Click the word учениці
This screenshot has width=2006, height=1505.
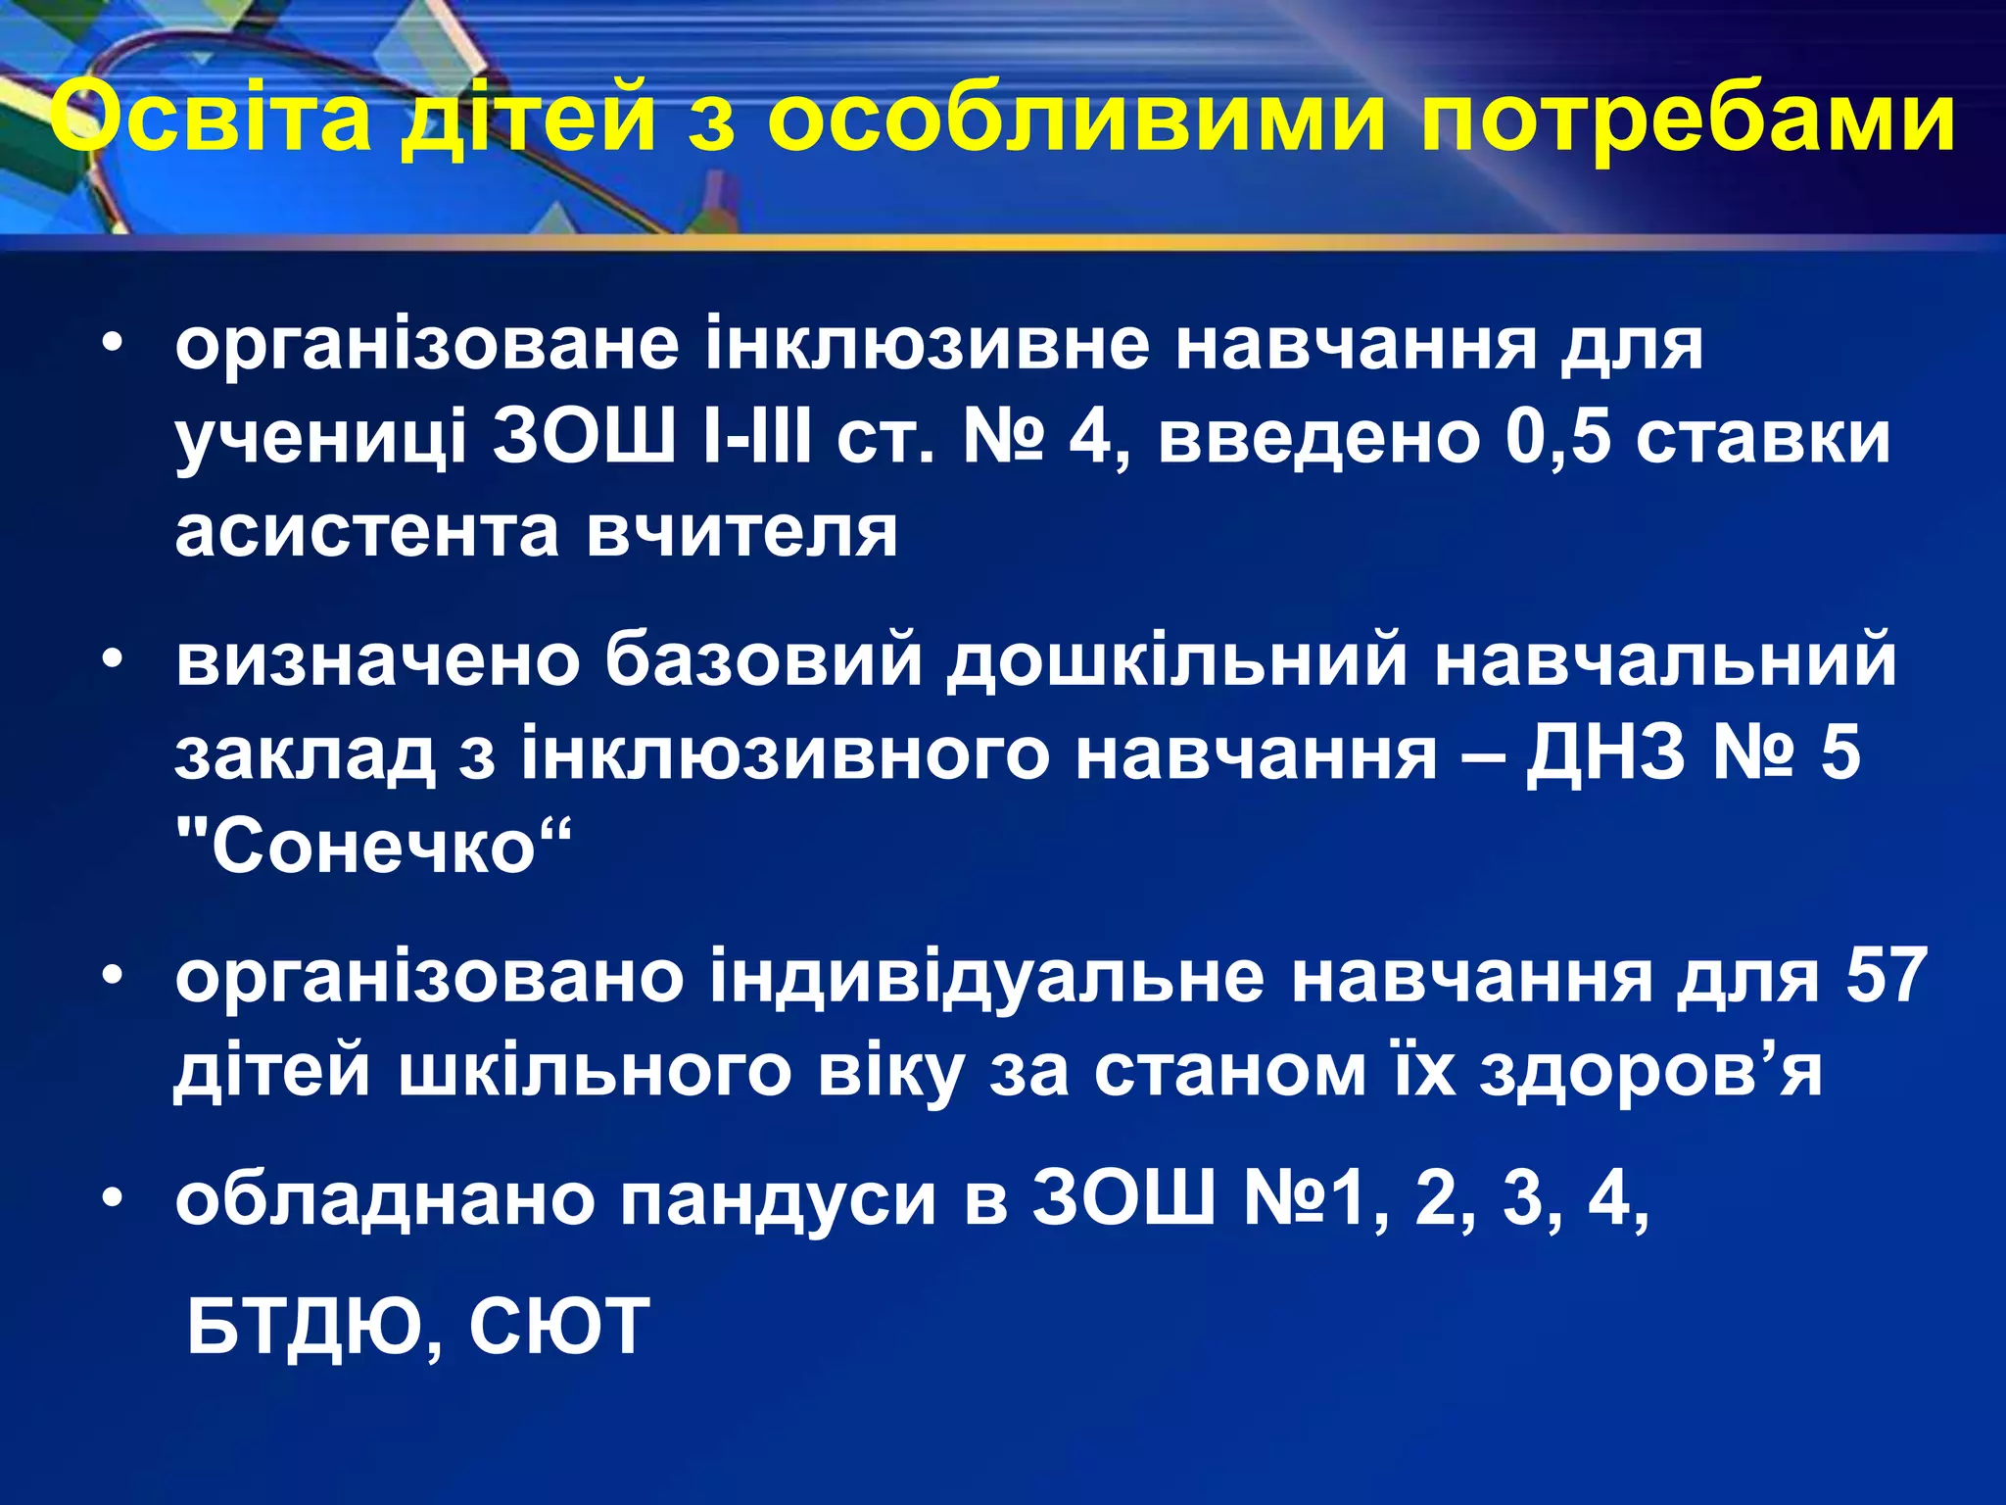[320, 438]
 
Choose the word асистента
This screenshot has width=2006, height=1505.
[367, 532]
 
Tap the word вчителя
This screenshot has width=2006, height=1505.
[741, 532]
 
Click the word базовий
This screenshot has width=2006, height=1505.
[763, 660]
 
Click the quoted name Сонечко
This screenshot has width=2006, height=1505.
[373, 847]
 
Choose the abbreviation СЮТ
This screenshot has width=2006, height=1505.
[559, 1327]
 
